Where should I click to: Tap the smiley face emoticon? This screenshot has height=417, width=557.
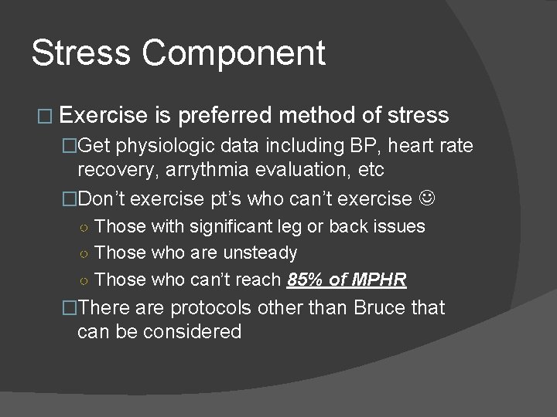[x=427, y=198]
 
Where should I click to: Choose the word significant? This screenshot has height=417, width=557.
[x=225, y=226]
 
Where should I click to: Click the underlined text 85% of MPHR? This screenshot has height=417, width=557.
[x=346, y=279]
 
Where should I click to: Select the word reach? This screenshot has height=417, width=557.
[x=259, y=279]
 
